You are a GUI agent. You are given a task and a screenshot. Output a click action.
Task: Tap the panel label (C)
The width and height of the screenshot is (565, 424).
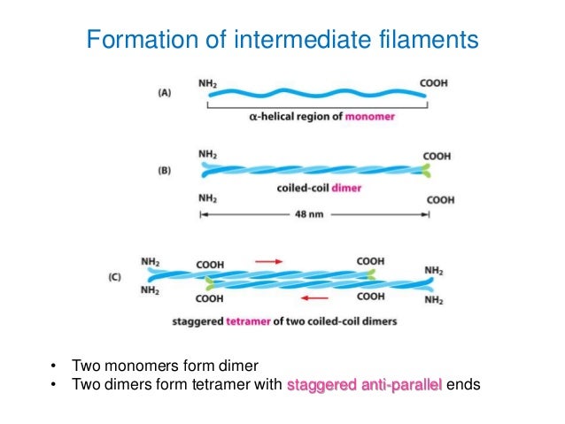coord(114,276)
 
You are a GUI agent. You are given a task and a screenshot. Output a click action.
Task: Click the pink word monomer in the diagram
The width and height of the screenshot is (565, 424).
coord(370,117)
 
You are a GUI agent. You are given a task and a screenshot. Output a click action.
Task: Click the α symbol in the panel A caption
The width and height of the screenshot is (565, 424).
coord(250,117)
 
